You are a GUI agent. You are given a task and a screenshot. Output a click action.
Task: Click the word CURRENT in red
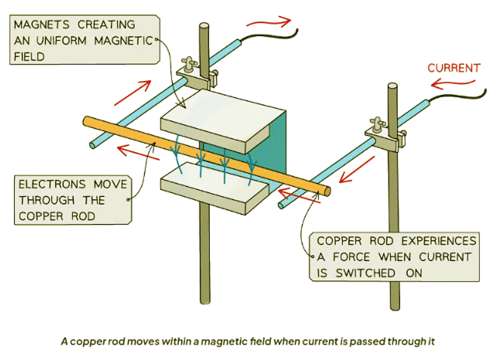tap(453, 68)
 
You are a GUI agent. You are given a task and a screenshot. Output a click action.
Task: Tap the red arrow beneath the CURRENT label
tap(455, 84)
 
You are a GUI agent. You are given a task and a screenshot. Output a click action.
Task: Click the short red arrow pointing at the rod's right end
tap(291, 198)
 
